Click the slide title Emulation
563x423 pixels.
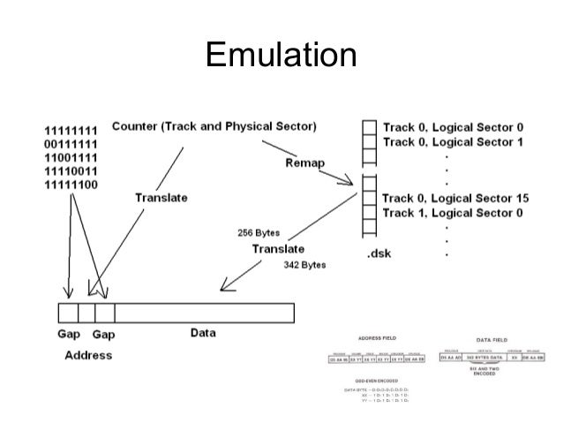click(x=281, y=56)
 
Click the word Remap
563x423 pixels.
click(x=305, y=163)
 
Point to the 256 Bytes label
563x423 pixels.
click(x=259, y=233)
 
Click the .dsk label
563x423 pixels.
click(x=379, y=254)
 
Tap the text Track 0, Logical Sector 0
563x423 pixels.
click(x=453, y=127)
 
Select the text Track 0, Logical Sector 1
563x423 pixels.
click(x=453, y=141)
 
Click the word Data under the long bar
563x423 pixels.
click(x=204, y=334)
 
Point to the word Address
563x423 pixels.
click(x=88, y=355)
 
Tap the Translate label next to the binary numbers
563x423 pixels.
click(x=161, y=198)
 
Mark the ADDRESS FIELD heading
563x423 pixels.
click(x=375, y=338)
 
